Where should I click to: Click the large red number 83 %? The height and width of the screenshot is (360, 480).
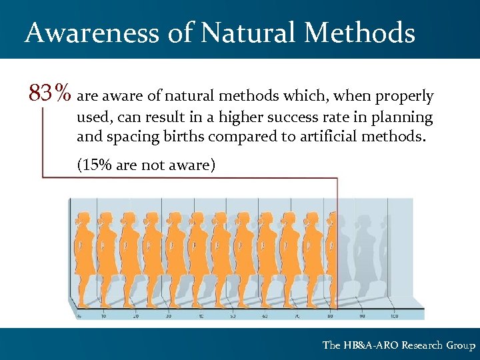coord(50,93)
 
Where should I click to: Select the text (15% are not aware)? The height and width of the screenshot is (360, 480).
coord(146,165)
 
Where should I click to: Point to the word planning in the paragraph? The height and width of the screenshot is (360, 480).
coord(405,118)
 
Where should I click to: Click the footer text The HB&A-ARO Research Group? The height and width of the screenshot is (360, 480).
coord(399,345)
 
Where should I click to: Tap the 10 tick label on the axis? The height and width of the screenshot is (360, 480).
coord(104,315)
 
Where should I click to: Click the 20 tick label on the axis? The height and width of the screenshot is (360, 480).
coord(137,315)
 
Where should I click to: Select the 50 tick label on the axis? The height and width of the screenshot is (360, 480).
coord(233,315)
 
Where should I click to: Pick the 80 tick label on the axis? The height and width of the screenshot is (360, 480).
coord(330,315)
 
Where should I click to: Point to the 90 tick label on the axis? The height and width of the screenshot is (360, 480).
coord(362,315)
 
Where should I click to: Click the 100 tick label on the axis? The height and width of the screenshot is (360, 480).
coord(395,315)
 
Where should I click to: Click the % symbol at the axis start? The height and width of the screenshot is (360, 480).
coord(79,315)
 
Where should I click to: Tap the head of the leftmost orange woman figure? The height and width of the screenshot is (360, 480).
coord(84,219)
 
